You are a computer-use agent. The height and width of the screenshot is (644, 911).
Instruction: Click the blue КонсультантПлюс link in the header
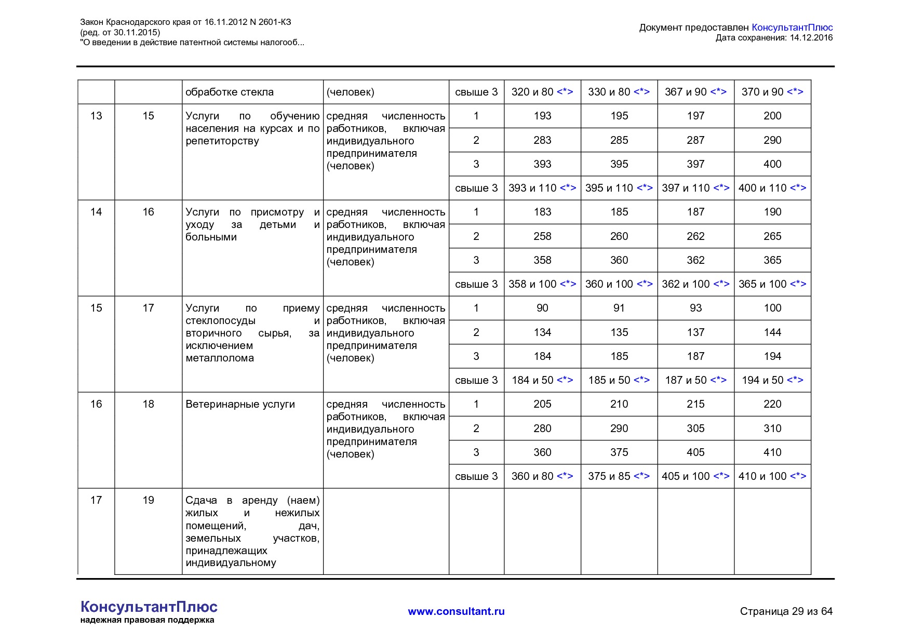click(792, 28)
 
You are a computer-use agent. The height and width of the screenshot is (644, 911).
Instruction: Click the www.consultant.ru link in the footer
click(456, 611)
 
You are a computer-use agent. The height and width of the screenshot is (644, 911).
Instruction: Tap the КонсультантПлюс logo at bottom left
click(149, 607)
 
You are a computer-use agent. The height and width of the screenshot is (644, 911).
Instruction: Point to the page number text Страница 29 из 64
click(786, 611)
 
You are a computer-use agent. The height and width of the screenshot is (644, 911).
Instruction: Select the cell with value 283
click(542, 140)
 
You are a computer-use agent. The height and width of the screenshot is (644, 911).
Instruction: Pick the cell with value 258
click(542, 236)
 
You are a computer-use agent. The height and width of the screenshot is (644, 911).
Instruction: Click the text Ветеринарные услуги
click(240, 404)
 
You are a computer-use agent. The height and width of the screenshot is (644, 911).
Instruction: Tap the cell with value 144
click(772, 332)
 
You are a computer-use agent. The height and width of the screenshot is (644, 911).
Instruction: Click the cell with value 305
click(695, 428)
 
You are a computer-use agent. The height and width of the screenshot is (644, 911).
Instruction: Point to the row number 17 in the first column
click(96, 500)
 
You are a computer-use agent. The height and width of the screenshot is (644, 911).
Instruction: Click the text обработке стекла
click(229, 92)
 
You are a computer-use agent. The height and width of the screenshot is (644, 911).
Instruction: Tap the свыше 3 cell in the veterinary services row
click(476, 476)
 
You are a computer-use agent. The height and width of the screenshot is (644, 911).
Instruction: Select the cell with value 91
click(619, 308)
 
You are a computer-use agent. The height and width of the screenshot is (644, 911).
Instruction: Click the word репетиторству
click(222, 141)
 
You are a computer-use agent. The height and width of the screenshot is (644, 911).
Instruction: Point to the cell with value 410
click(772, 452)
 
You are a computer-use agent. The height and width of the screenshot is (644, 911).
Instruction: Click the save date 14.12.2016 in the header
click(811, 37)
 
